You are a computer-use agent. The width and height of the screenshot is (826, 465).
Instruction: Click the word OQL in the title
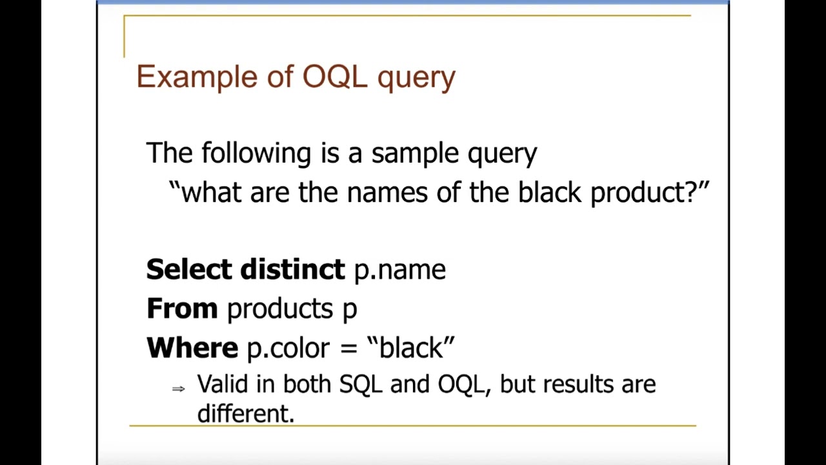click(334, 77)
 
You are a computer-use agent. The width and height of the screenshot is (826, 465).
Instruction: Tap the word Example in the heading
click(196, 77)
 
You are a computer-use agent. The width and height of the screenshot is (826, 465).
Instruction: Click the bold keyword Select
click(188, 269)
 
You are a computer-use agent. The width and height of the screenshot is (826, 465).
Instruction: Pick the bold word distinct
click(292, 269)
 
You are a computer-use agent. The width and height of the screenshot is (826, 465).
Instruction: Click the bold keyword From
click(182, 309)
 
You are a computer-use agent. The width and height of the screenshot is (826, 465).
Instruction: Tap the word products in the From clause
click(279, 309)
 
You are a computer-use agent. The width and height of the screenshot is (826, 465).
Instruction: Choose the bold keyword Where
click(192, 348)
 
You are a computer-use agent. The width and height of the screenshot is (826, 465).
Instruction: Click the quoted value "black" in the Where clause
click(410, 347)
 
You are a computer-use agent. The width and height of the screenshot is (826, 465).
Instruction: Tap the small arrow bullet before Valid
click(179, 388)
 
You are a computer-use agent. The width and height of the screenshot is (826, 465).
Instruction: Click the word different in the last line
click(245, 413)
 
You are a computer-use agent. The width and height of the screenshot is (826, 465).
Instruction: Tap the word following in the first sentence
click(256, 154)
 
